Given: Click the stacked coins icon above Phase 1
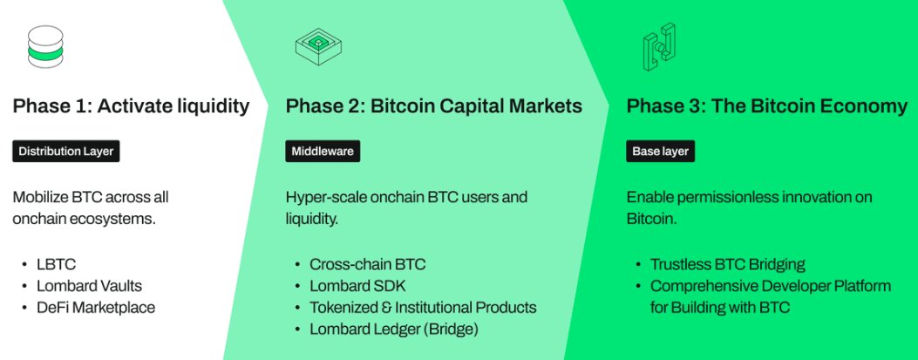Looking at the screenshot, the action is pos(45,47).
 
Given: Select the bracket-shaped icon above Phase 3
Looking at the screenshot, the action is pos(659,47).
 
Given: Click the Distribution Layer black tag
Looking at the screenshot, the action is pos(66,152).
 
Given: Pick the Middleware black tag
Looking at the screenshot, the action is pos(323,152).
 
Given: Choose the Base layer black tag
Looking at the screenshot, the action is pos(661,152).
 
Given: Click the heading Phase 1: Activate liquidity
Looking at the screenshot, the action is pos(131,106).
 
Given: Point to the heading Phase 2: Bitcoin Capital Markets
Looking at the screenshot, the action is pos(434,106).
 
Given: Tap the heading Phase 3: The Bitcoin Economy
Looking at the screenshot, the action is pos(767,106).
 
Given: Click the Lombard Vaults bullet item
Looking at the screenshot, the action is pos(89,286).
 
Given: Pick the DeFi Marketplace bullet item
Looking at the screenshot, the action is pos(95,308).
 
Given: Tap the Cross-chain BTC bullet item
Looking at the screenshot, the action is pos(368,265).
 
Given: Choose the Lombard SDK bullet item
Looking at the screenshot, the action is pos(357,286).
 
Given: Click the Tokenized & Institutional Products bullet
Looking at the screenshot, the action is pos(423,308).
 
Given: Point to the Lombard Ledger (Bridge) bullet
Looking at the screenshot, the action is pos(394,329).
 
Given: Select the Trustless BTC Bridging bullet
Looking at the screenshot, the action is pos(728,265).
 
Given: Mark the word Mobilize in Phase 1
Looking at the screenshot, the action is pos(37,197).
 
